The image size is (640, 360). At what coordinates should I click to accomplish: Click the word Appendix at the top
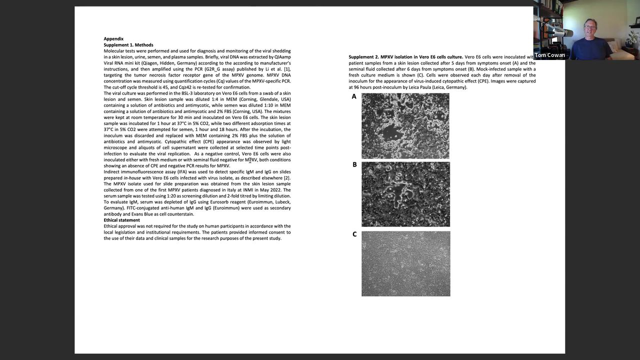113,39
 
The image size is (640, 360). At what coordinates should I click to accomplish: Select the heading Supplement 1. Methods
128,45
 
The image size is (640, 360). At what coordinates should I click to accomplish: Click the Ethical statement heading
122,220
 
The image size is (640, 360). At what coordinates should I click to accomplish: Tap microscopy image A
405,126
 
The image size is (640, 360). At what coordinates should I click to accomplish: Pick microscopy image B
405,194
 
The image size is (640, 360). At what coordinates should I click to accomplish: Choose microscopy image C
405,263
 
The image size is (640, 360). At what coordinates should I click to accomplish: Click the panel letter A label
354,96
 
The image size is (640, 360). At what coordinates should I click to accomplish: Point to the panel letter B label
354,164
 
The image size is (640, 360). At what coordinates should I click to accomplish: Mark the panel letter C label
354,234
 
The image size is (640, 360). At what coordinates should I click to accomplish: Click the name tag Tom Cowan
549,55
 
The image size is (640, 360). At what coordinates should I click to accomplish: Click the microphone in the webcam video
562,33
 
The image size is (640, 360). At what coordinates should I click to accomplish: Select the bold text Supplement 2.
363,57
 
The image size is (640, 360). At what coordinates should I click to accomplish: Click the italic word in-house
132,178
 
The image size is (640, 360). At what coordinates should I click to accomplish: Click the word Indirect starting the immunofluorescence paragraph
113,172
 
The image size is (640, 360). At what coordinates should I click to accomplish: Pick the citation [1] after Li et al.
287,69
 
